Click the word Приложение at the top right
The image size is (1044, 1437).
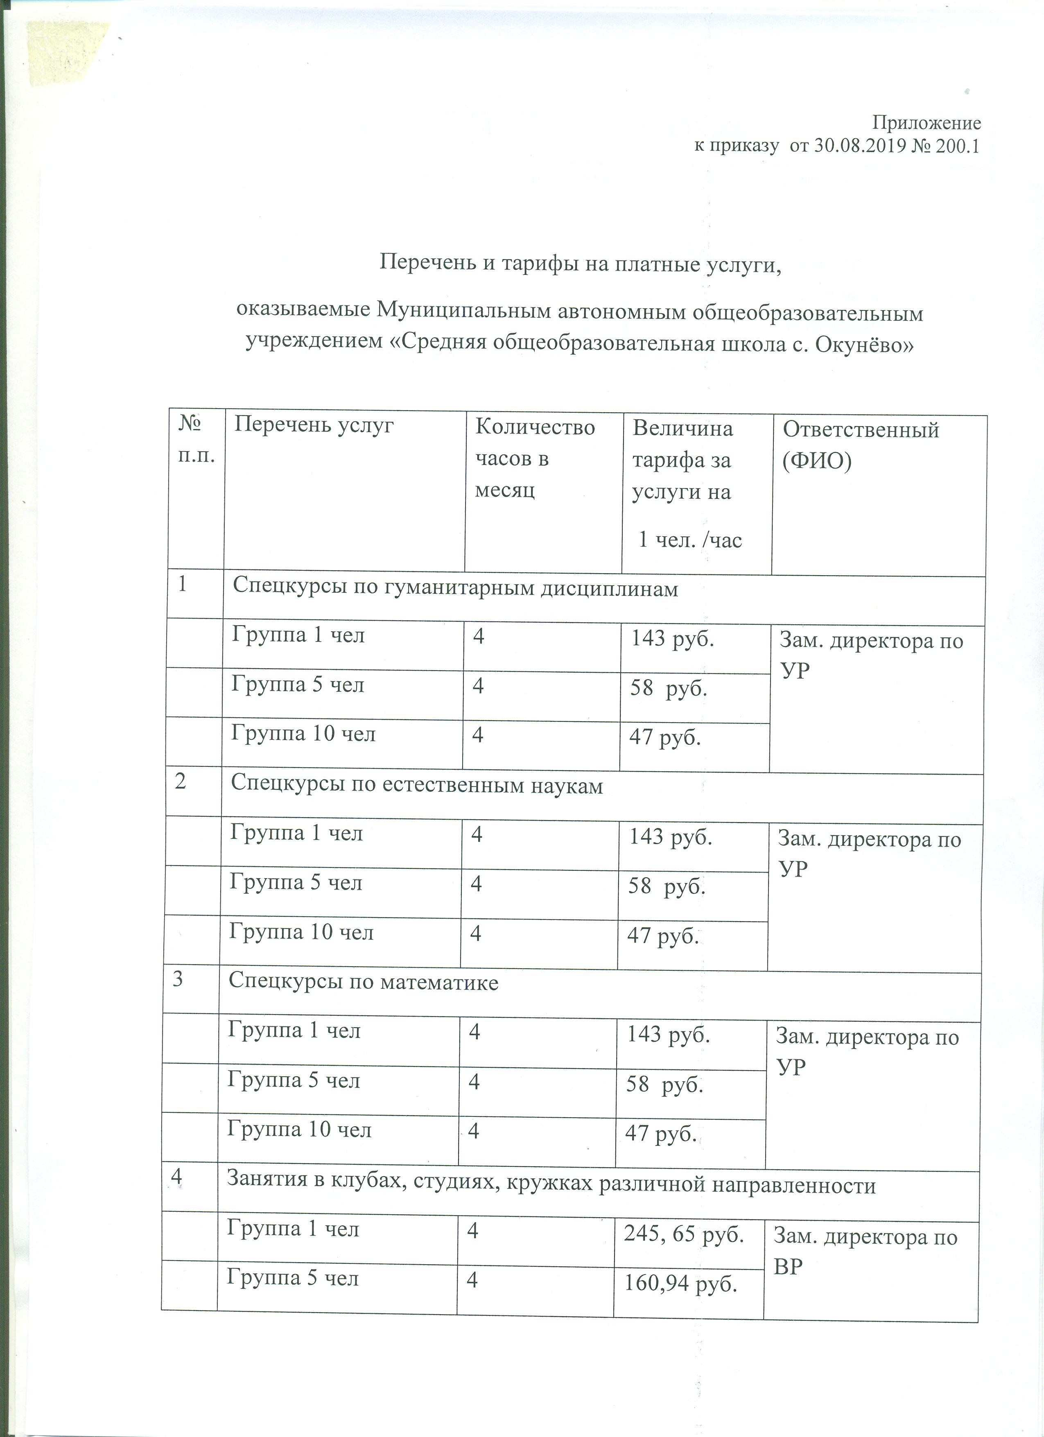[x=927, y=122]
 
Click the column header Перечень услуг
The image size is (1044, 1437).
[x=314, y=425]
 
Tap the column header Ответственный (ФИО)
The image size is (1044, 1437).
[x=860, y=445]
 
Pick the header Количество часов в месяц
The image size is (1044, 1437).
[x=535, y=457]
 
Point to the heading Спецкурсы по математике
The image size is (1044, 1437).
[x=363, y=982]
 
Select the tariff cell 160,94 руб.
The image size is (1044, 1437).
[x=681, y=1283]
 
